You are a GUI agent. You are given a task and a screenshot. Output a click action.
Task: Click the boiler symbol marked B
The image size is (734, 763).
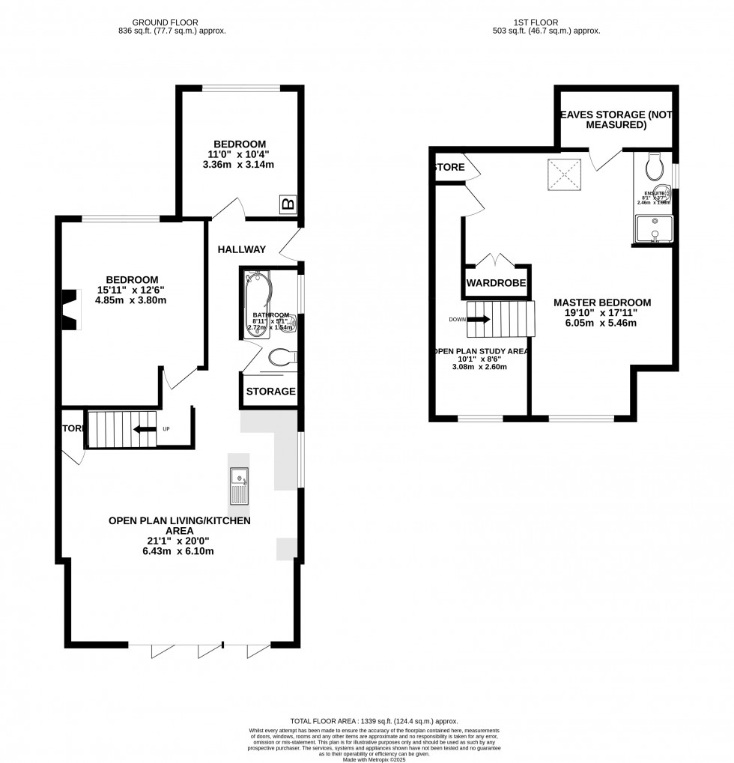288,204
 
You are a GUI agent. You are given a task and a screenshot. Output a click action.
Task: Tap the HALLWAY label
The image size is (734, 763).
242,249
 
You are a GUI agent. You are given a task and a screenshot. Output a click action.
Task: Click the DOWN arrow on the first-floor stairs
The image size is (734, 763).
480,319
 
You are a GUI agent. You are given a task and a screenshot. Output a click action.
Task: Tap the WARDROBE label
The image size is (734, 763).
496,284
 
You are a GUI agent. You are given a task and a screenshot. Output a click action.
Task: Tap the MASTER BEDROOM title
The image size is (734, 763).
602,303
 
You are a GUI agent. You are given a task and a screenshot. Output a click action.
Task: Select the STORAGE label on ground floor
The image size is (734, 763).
270,392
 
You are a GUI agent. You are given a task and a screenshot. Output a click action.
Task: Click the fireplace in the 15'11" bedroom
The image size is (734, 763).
70,309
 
